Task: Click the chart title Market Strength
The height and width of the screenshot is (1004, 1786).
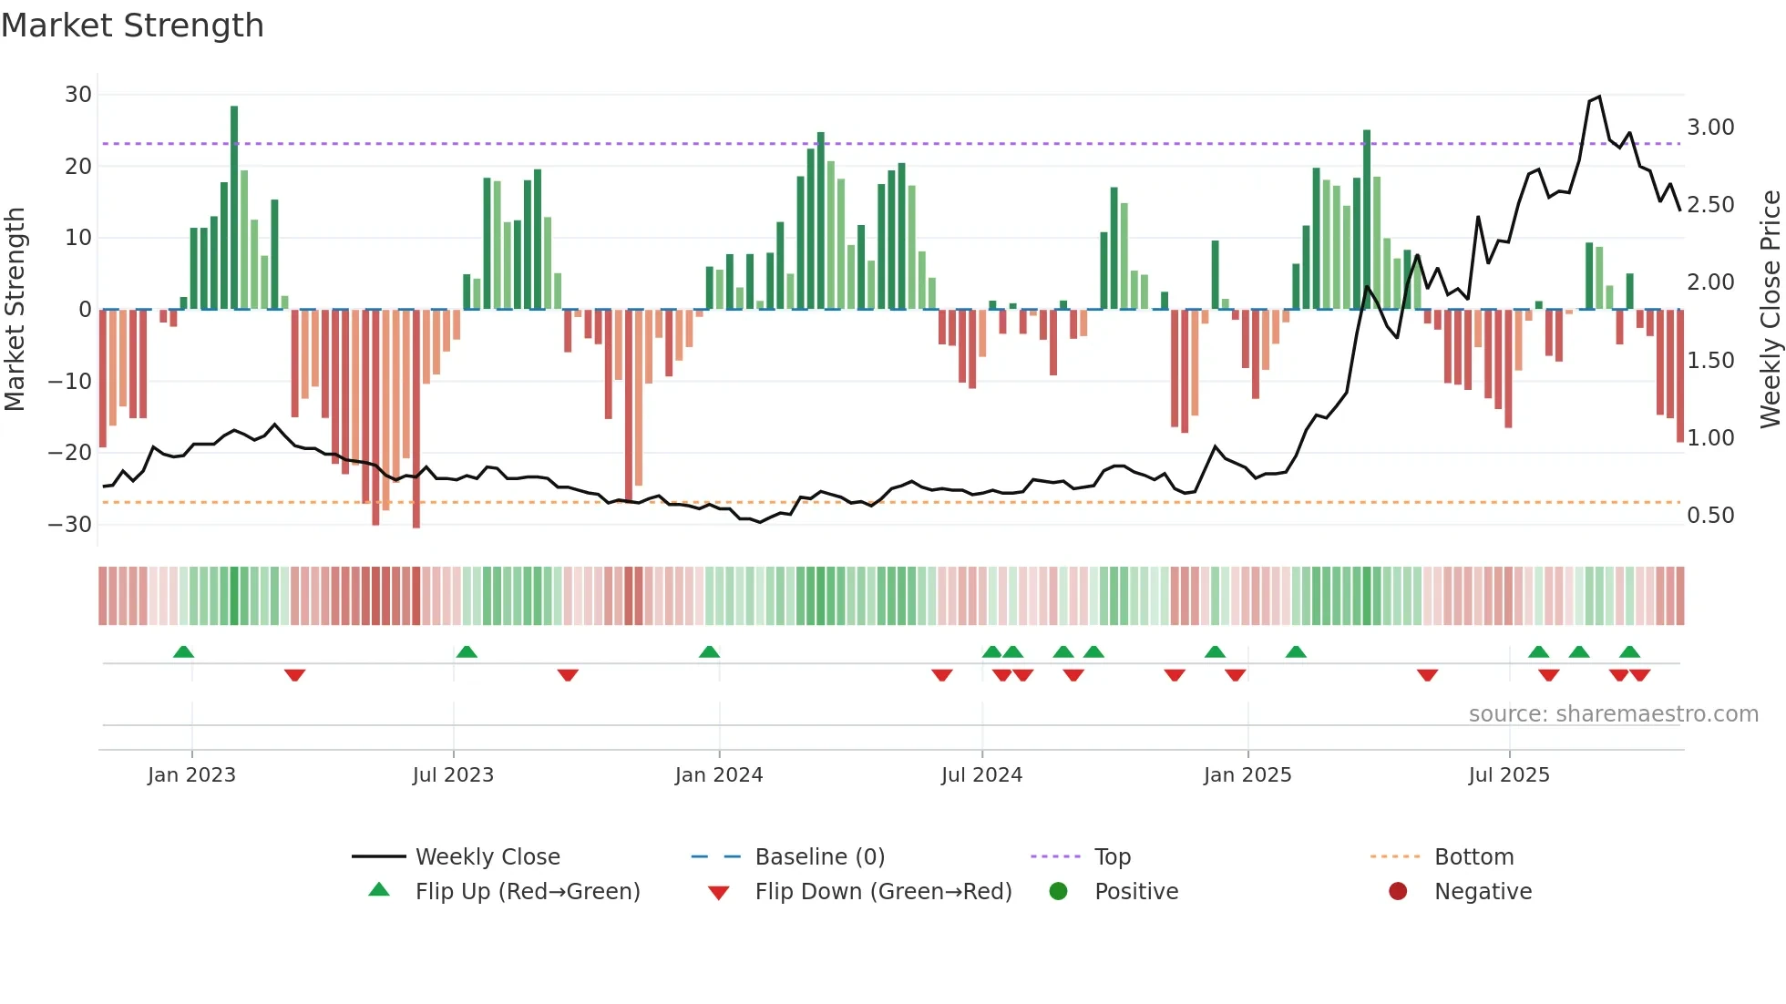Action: [132, 26]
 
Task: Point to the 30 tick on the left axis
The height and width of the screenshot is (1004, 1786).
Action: [78, 95]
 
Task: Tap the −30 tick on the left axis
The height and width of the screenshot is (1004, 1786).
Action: [70, 525]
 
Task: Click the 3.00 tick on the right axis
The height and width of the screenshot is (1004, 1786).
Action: [1710, 128]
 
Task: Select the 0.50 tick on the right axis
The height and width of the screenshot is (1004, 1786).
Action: [1710, 516]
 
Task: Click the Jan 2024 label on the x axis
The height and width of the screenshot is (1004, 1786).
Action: [718, 775]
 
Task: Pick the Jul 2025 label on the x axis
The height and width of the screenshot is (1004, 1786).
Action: [1508, 775]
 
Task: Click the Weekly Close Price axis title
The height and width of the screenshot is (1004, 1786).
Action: [1770, 310]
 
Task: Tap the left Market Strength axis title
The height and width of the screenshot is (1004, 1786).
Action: [15, 310]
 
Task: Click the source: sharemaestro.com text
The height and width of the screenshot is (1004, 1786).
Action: [1613, 714]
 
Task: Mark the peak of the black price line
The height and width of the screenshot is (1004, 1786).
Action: [1599, 97]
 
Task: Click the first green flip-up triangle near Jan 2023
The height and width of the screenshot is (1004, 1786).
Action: [183, 651]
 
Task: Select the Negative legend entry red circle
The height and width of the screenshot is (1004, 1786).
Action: [1398, 892]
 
